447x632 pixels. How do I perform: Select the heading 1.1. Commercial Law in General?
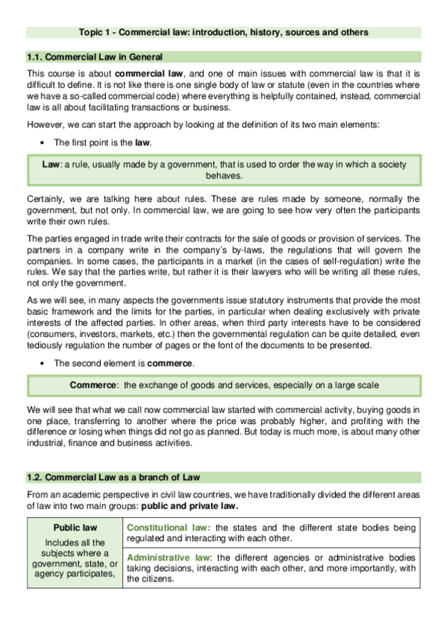click(94, 57)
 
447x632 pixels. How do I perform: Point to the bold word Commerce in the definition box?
click(94, 385)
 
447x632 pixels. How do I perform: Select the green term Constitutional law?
click(168, 527)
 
